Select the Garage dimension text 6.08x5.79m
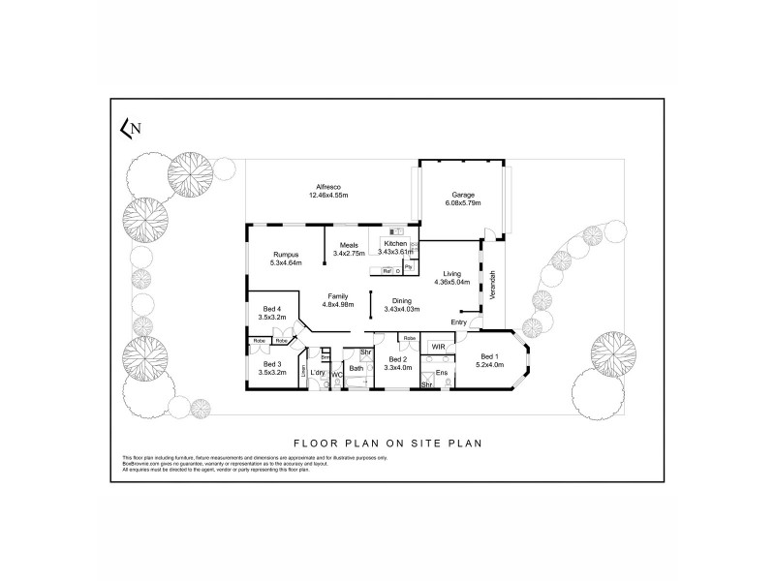click(x=460, y=203)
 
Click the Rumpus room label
click(x=287, y=255)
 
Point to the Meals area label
click(x=349, y=245)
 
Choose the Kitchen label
click(x=396, y=243)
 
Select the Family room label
click(x=337, y=296)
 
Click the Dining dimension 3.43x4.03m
click(x=401, y=308)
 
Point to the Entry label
click(x=459, y=322)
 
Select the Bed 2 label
click(x=397, y=359)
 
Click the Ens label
click(x=441, y=372)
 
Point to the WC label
click(x=336, y=374)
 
